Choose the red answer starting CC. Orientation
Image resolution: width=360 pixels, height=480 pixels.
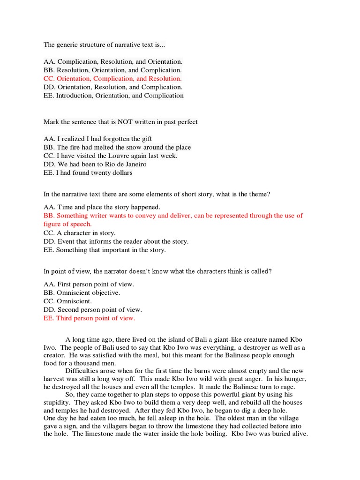tap(112, 79)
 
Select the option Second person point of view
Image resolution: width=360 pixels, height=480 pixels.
tap(99, 309)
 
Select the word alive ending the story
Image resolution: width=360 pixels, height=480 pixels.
tap(299, 434)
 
